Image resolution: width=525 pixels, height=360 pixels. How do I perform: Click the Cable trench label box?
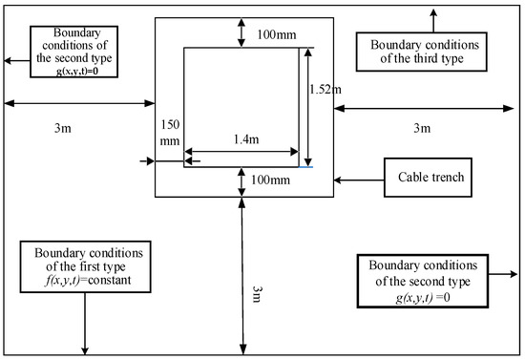(428, 178)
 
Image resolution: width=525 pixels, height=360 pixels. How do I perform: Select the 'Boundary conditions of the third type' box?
(422, 52)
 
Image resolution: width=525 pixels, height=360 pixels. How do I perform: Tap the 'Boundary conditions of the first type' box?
(85, 266)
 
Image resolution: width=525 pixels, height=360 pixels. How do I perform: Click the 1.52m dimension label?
(325, 90)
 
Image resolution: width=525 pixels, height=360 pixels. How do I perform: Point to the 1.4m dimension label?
(246, 139)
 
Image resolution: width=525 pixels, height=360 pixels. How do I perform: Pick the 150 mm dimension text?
(170, 133)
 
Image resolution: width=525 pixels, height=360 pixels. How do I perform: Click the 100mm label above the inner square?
(277, 34)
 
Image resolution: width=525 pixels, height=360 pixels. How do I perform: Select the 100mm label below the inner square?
(270, 180)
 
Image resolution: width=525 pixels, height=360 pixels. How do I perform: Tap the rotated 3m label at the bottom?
(257, 294)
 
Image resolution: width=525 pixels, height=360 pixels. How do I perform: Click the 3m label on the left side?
(63, 128)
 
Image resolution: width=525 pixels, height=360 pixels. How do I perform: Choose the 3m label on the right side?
(422, 128)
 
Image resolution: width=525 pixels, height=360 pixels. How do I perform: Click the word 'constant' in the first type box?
(110, 280)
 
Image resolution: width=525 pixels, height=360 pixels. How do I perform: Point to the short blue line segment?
(305, 167)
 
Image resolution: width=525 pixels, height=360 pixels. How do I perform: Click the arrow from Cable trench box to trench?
(359, 180)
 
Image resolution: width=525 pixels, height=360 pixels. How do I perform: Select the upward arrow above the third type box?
(433, 20)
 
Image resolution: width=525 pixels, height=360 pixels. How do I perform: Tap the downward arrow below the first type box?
(85, 324)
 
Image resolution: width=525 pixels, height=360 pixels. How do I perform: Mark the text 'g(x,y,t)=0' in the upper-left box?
(77, 71)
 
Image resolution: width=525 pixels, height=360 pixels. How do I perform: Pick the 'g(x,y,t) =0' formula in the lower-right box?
(423, 297)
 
